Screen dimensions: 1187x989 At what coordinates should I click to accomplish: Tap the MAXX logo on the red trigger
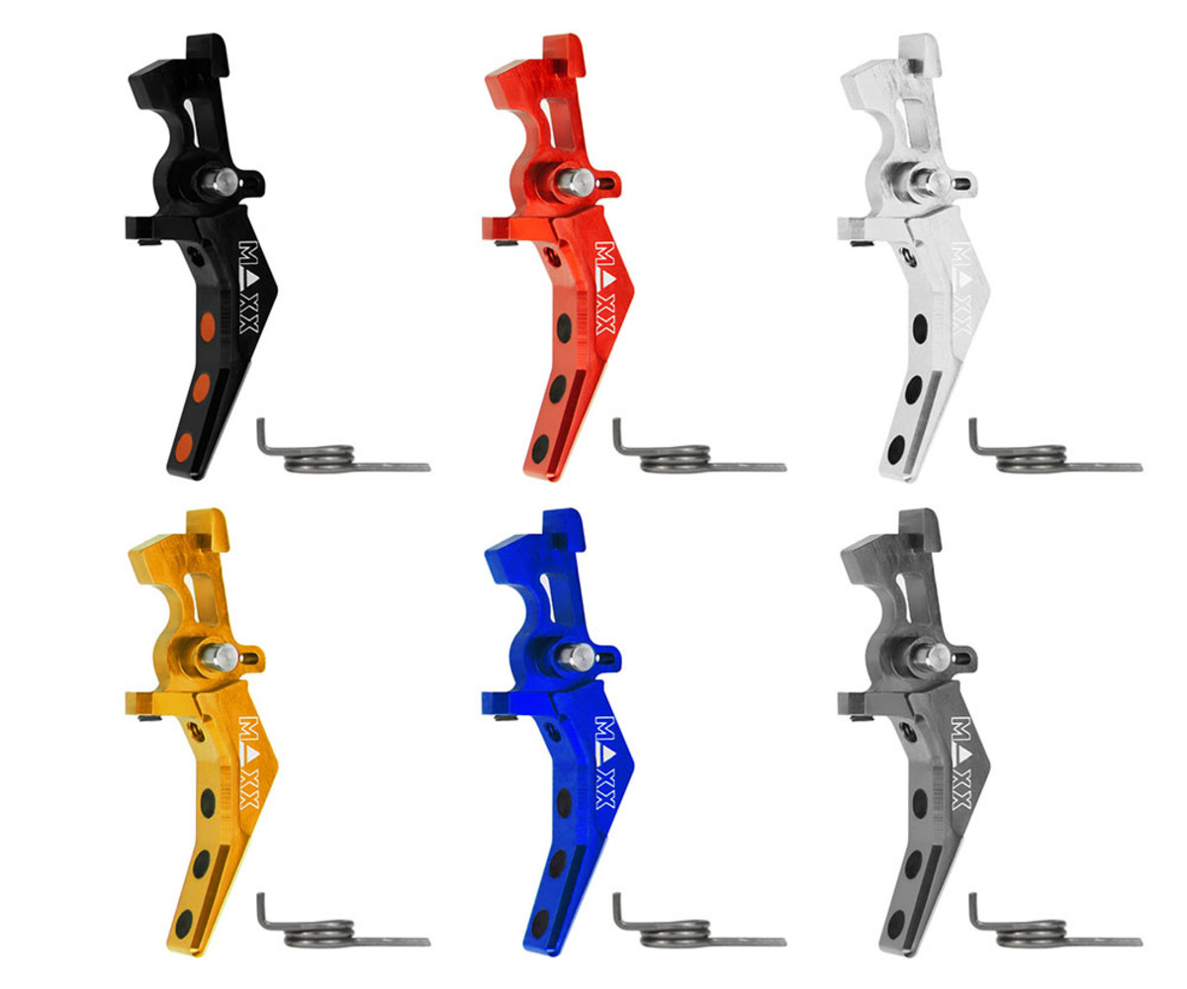click(604, 288)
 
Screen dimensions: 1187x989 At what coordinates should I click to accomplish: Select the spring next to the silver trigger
click(1055, 450)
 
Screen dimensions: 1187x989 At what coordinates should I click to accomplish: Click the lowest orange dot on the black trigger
click(183, 448)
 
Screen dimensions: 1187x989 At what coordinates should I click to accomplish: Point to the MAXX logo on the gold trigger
click(249, 763)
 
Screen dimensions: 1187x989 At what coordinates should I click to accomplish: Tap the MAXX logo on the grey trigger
click(961, 763)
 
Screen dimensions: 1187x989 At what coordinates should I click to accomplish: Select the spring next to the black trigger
click(343, 450)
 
